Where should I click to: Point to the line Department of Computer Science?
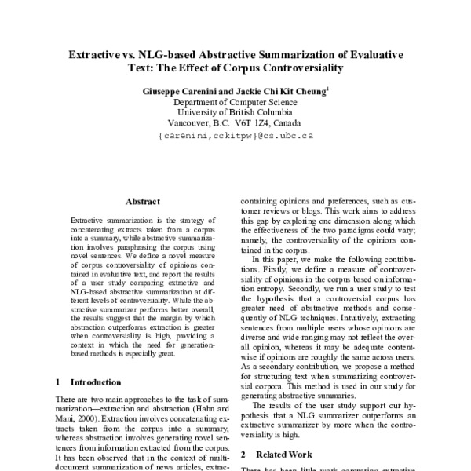click(235, 102)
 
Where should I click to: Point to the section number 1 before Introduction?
click(59, 382)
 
